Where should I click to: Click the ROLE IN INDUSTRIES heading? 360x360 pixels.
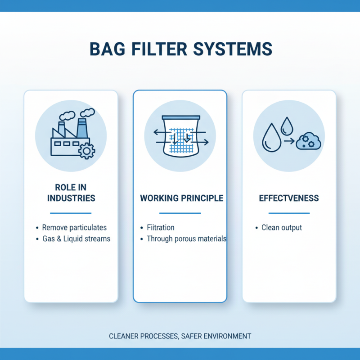[x=71, y=193]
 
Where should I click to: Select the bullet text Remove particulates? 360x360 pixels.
[x=74, y=228]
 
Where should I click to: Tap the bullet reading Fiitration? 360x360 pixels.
[x=161, y=228]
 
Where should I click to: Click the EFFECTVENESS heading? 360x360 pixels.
[x=289, y=198]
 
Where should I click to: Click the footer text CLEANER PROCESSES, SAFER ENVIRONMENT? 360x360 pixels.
[x=180, y=336]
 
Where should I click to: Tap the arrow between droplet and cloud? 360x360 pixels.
[x=289, y=141]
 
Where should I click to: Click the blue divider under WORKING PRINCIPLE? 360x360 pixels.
[x=180, y=213]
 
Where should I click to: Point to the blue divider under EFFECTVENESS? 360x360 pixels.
[x=289, y=213]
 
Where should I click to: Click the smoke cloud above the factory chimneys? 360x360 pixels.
[x=68, y=116]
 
